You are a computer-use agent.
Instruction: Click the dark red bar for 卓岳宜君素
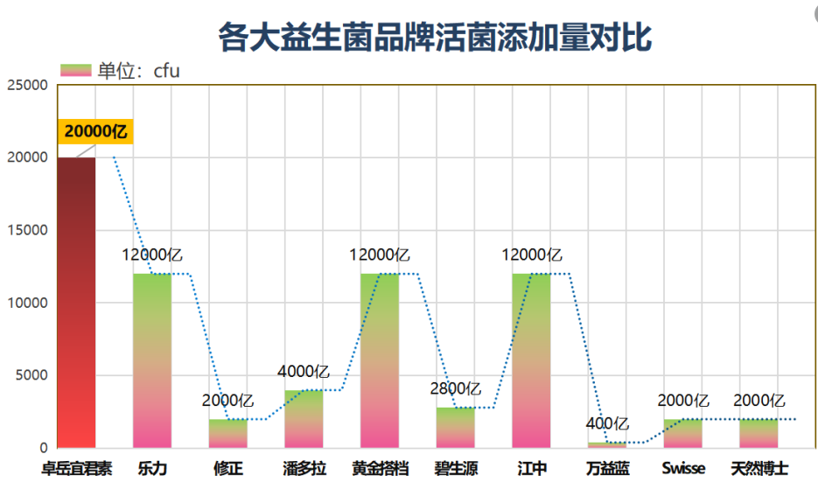[76, 302]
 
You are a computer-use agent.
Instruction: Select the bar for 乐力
[152, 360]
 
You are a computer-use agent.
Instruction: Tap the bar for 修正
[228, 433]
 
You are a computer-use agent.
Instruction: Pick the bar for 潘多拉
[304, 418]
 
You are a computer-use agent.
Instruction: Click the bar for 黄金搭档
[380, 360]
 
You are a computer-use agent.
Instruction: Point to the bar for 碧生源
[456, 428]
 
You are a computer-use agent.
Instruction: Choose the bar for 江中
[531, 360]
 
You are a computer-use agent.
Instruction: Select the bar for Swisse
[683, 433]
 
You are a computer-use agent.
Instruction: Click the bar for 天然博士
[759, 433]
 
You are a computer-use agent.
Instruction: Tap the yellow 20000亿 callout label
[95, 131]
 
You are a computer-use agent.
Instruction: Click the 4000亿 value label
[304, 372]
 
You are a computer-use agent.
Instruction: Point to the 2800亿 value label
[456, 388]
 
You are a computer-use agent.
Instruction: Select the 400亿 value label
[607, 423]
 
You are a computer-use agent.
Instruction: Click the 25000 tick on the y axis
[27, 85]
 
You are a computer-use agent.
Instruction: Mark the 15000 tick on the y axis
[27, 230]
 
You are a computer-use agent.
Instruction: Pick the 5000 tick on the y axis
[31, 375]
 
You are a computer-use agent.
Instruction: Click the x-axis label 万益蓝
[607, 468]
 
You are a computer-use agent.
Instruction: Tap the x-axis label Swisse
[683, 468]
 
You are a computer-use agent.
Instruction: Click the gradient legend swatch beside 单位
[75, 70]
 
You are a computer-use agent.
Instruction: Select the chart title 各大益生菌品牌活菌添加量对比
[435, 37]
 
